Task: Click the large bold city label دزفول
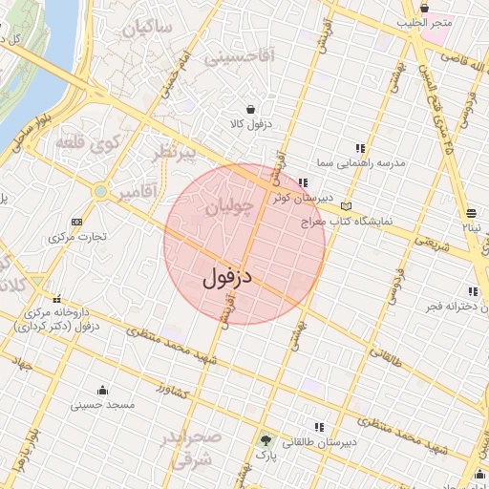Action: [x=227, y=278]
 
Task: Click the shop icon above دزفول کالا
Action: [x=250, y=109]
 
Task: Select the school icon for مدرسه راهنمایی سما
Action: [x=360, y=148]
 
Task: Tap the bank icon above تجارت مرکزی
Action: [x=77, y=222]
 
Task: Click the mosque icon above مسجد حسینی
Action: [x=102, y=390]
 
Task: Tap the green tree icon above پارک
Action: [x=265, y=440]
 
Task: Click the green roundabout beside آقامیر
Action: [x=100, y=192]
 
